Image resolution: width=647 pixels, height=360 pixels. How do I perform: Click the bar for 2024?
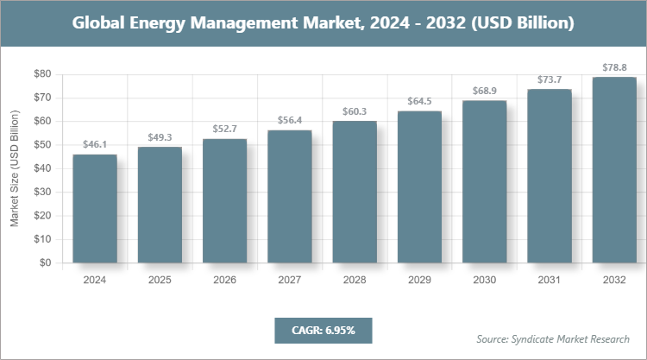tap(95, 209)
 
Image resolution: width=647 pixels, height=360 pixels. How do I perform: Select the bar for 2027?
tap(290, 197)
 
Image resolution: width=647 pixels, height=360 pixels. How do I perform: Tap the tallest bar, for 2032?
tap(614, 170)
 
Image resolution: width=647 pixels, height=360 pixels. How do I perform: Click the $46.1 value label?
tap(95, 145)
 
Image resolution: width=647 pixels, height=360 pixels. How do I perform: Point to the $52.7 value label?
tap(224, 129)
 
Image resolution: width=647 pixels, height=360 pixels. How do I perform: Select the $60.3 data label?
tap(355, 111)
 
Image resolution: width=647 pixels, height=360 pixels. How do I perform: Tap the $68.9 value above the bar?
tap(485, 91)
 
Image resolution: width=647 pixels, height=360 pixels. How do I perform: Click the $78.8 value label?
tap(614, 67)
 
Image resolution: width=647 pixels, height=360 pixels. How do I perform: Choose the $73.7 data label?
tap(550, 79)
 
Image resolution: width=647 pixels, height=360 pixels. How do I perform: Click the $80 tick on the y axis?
tap(41, 74)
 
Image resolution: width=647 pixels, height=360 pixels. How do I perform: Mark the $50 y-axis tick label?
tap(41, 145)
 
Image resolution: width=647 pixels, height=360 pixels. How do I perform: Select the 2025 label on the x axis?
tap(160, 280)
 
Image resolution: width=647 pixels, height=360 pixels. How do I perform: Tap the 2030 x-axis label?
tap(485, 280)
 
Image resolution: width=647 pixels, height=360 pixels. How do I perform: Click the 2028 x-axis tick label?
tap(355, 280)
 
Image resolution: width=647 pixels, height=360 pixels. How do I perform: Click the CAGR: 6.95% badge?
tap(323, 330)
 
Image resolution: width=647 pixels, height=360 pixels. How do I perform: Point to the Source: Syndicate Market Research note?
tap(552, 338)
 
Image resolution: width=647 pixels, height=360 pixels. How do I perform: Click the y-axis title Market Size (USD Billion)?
tap(15, 169)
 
